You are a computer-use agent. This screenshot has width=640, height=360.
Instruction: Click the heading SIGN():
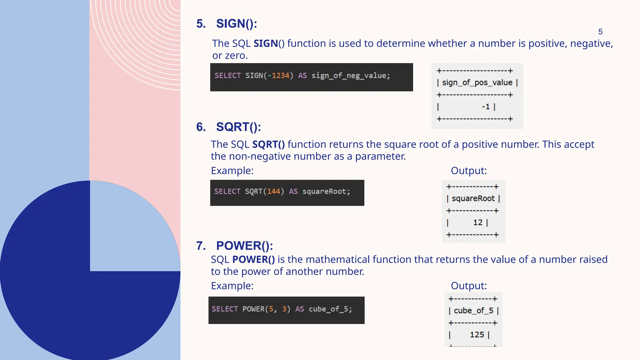[x=236, y=24]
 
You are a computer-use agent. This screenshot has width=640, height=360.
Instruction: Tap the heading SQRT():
[x=238, y=127]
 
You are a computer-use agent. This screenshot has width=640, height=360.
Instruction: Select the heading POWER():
[x=244, y=246]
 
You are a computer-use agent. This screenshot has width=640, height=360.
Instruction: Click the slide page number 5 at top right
[x=600, y=32]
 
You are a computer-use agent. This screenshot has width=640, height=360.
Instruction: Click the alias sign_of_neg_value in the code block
[x=350, y=76]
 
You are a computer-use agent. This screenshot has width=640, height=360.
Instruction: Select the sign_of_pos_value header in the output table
[x=477, y=82]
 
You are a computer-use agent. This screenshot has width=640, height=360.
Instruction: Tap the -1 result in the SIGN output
[x=486, y=107]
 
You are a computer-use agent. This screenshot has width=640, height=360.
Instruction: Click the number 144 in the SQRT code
[x=273, y=191]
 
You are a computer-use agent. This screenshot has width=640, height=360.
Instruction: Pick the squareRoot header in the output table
[x=473, y=198]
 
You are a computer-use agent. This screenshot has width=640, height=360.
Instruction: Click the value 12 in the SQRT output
[x=478, y=222]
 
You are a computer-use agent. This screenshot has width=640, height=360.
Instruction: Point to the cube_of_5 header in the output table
[x=473, y=311]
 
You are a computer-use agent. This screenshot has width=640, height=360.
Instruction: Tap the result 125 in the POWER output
[x=477, y=335]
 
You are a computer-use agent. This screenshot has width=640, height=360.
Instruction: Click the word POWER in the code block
[x=253, y=309]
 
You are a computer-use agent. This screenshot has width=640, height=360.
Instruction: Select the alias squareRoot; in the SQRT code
[x=326, y=191]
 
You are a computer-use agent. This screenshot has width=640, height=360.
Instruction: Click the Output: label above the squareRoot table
[x=468, y=171]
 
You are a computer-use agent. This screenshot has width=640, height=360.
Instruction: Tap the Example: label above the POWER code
[x=232, y=286]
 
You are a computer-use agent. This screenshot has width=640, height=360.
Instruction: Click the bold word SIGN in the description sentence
[x=266, y=43]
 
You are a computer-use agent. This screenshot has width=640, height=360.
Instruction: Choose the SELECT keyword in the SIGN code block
[x=227, y=76]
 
